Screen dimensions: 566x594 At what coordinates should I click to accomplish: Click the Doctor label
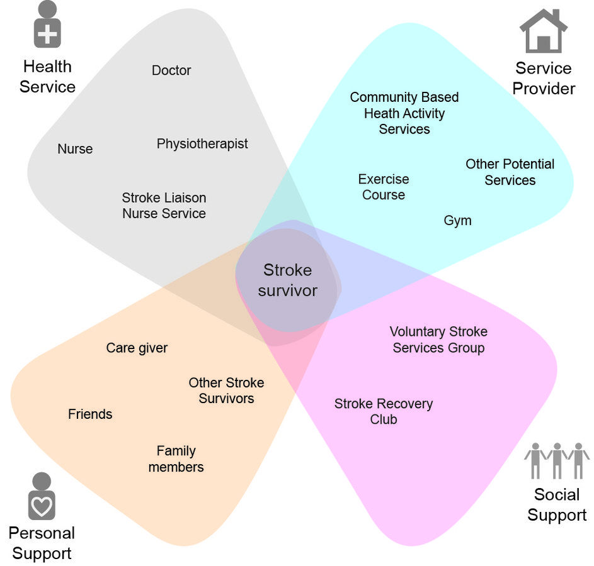click(171, 70)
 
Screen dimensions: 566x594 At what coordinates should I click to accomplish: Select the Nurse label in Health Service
click(75, 149)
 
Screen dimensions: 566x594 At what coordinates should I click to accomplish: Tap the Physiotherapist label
click(202, 143)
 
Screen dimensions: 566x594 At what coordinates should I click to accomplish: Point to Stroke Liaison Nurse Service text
click(164, 206)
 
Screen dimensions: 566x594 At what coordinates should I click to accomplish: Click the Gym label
click(457, 221)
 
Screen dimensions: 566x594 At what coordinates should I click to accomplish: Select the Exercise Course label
click(384, 187)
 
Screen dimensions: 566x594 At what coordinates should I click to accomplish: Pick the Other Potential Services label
click(510, 172)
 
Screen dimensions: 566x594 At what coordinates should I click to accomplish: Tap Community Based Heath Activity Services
click(404, 113)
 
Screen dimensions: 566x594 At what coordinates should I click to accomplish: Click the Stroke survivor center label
click(287, 280)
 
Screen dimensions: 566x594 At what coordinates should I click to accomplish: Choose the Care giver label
click(137, 348)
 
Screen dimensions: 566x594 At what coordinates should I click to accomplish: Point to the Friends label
click(90, 414)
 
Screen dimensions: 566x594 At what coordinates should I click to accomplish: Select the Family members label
click(176, 459)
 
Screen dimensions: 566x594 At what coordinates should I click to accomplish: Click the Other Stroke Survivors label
click(226, 391)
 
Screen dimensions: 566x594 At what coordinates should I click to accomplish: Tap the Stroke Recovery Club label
click(384, 411)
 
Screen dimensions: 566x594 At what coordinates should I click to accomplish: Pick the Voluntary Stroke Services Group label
click(438, 340)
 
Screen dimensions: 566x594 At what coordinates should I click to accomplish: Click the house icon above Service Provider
click(543, 31)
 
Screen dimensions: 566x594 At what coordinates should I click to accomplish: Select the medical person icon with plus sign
click(47, 25)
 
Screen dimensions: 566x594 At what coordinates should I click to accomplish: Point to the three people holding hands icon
click(557, 461)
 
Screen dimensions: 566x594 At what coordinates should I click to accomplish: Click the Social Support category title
click(557, 505)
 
